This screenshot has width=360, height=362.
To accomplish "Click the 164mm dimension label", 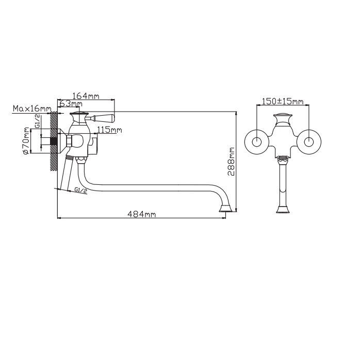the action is [86, 96].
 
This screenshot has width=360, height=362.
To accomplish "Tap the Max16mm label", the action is [32, 108].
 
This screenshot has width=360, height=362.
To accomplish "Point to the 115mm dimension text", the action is [109, 130].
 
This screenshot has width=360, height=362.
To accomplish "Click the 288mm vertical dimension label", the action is [231, 161].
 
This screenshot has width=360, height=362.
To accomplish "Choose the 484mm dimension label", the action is [142, 214].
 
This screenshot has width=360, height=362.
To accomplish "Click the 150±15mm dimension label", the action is [283, 101].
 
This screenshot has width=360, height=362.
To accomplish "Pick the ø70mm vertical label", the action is [26, 140].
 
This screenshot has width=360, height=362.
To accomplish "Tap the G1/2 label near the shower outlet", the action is [81, 190].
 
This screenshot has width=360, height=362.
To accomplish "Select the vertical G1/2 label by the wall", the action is [38, 121].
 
